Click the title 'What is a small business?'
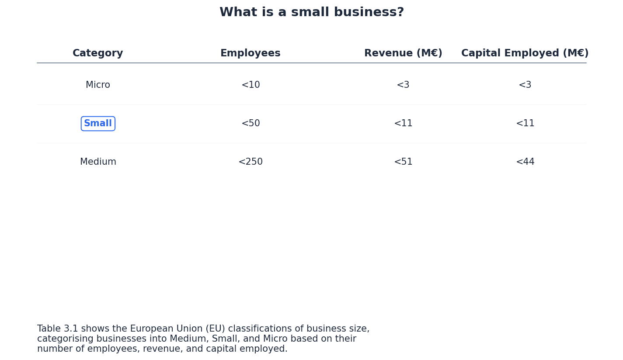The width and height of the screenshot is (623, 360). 311,13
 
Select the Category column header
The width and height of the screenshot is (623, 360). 98,53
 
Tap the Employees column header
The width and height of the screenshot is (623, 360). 250,53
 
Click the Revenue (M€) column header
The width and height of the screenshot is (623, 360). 403,53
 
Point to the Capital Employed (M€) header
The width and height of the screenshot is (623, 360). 525,53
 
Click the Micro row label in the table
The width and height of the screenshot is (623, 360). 98,85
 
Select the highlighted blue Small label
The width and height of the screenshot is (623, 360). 98,124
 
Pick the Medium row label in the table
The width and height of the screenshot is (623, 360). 98,162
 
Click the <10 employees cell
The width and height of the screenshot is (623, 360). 251,85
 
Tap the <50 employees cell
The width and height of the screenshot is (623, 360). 251,124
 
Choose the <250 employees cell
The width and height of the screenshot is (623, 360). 251,162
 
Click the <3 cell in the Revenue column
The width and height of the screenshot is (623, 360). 403,85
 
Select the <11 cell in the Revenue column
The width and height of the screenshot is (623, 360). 403,124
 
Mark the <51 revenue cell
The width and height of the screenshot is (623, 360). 403,162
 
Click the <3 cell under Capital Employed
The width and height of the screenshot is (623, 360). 525,85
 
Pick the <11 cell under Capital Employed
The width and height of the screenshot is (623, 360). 525,124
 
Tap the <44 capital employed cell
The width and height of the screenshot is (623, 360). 525,162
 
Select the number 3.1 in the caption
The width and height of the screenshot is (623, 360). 71,329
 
